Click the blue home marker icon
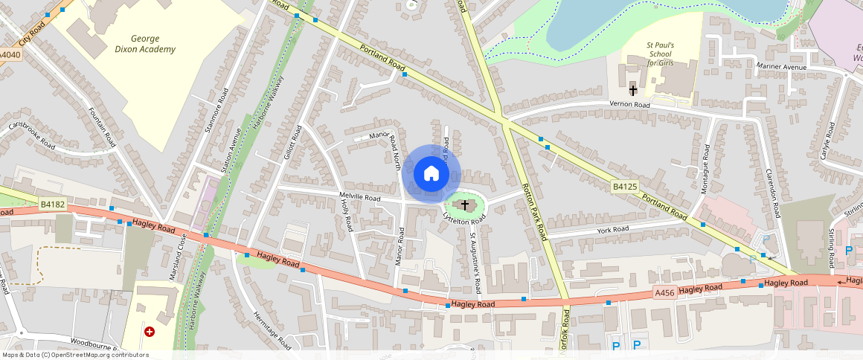[x=431, y=175]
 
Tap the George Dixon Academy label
[x=153, y=44]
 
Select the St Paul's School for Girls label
[x=660, y=54]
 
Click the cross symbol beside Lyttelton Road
[x=465, y=205]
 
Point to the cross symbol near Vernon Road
[x=633, y=91]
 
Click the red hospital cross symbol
[x=150, y=331]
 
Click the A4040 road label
[x=10, y=55]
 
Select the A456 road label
[x=664, y=292]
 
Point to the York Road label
[x=613, y=230]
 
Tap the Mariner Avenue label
[x=781, y=68]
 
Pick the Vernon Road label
[x=629, y=105]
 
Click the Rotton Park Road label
[x=535, y=211]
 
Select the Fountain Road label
[x=103, y=126]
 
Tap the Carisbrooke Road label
[x=32, y=135]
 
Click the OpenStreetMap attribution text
[x=74, y=355]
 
